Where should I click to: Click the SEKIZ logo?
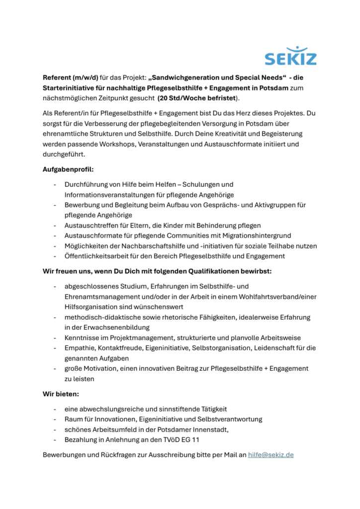(x=290, y=56)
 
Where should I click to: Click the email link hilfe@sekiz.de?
(x=271, y=454)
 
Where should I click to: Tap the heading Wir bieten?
(x=61, y=394)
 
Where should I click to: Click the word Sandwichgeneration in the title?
(x=188, y=78)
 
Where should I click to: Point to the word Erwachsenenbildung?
(x=111, y=327)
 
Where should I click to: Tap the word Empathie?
(x=80, y=348)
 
